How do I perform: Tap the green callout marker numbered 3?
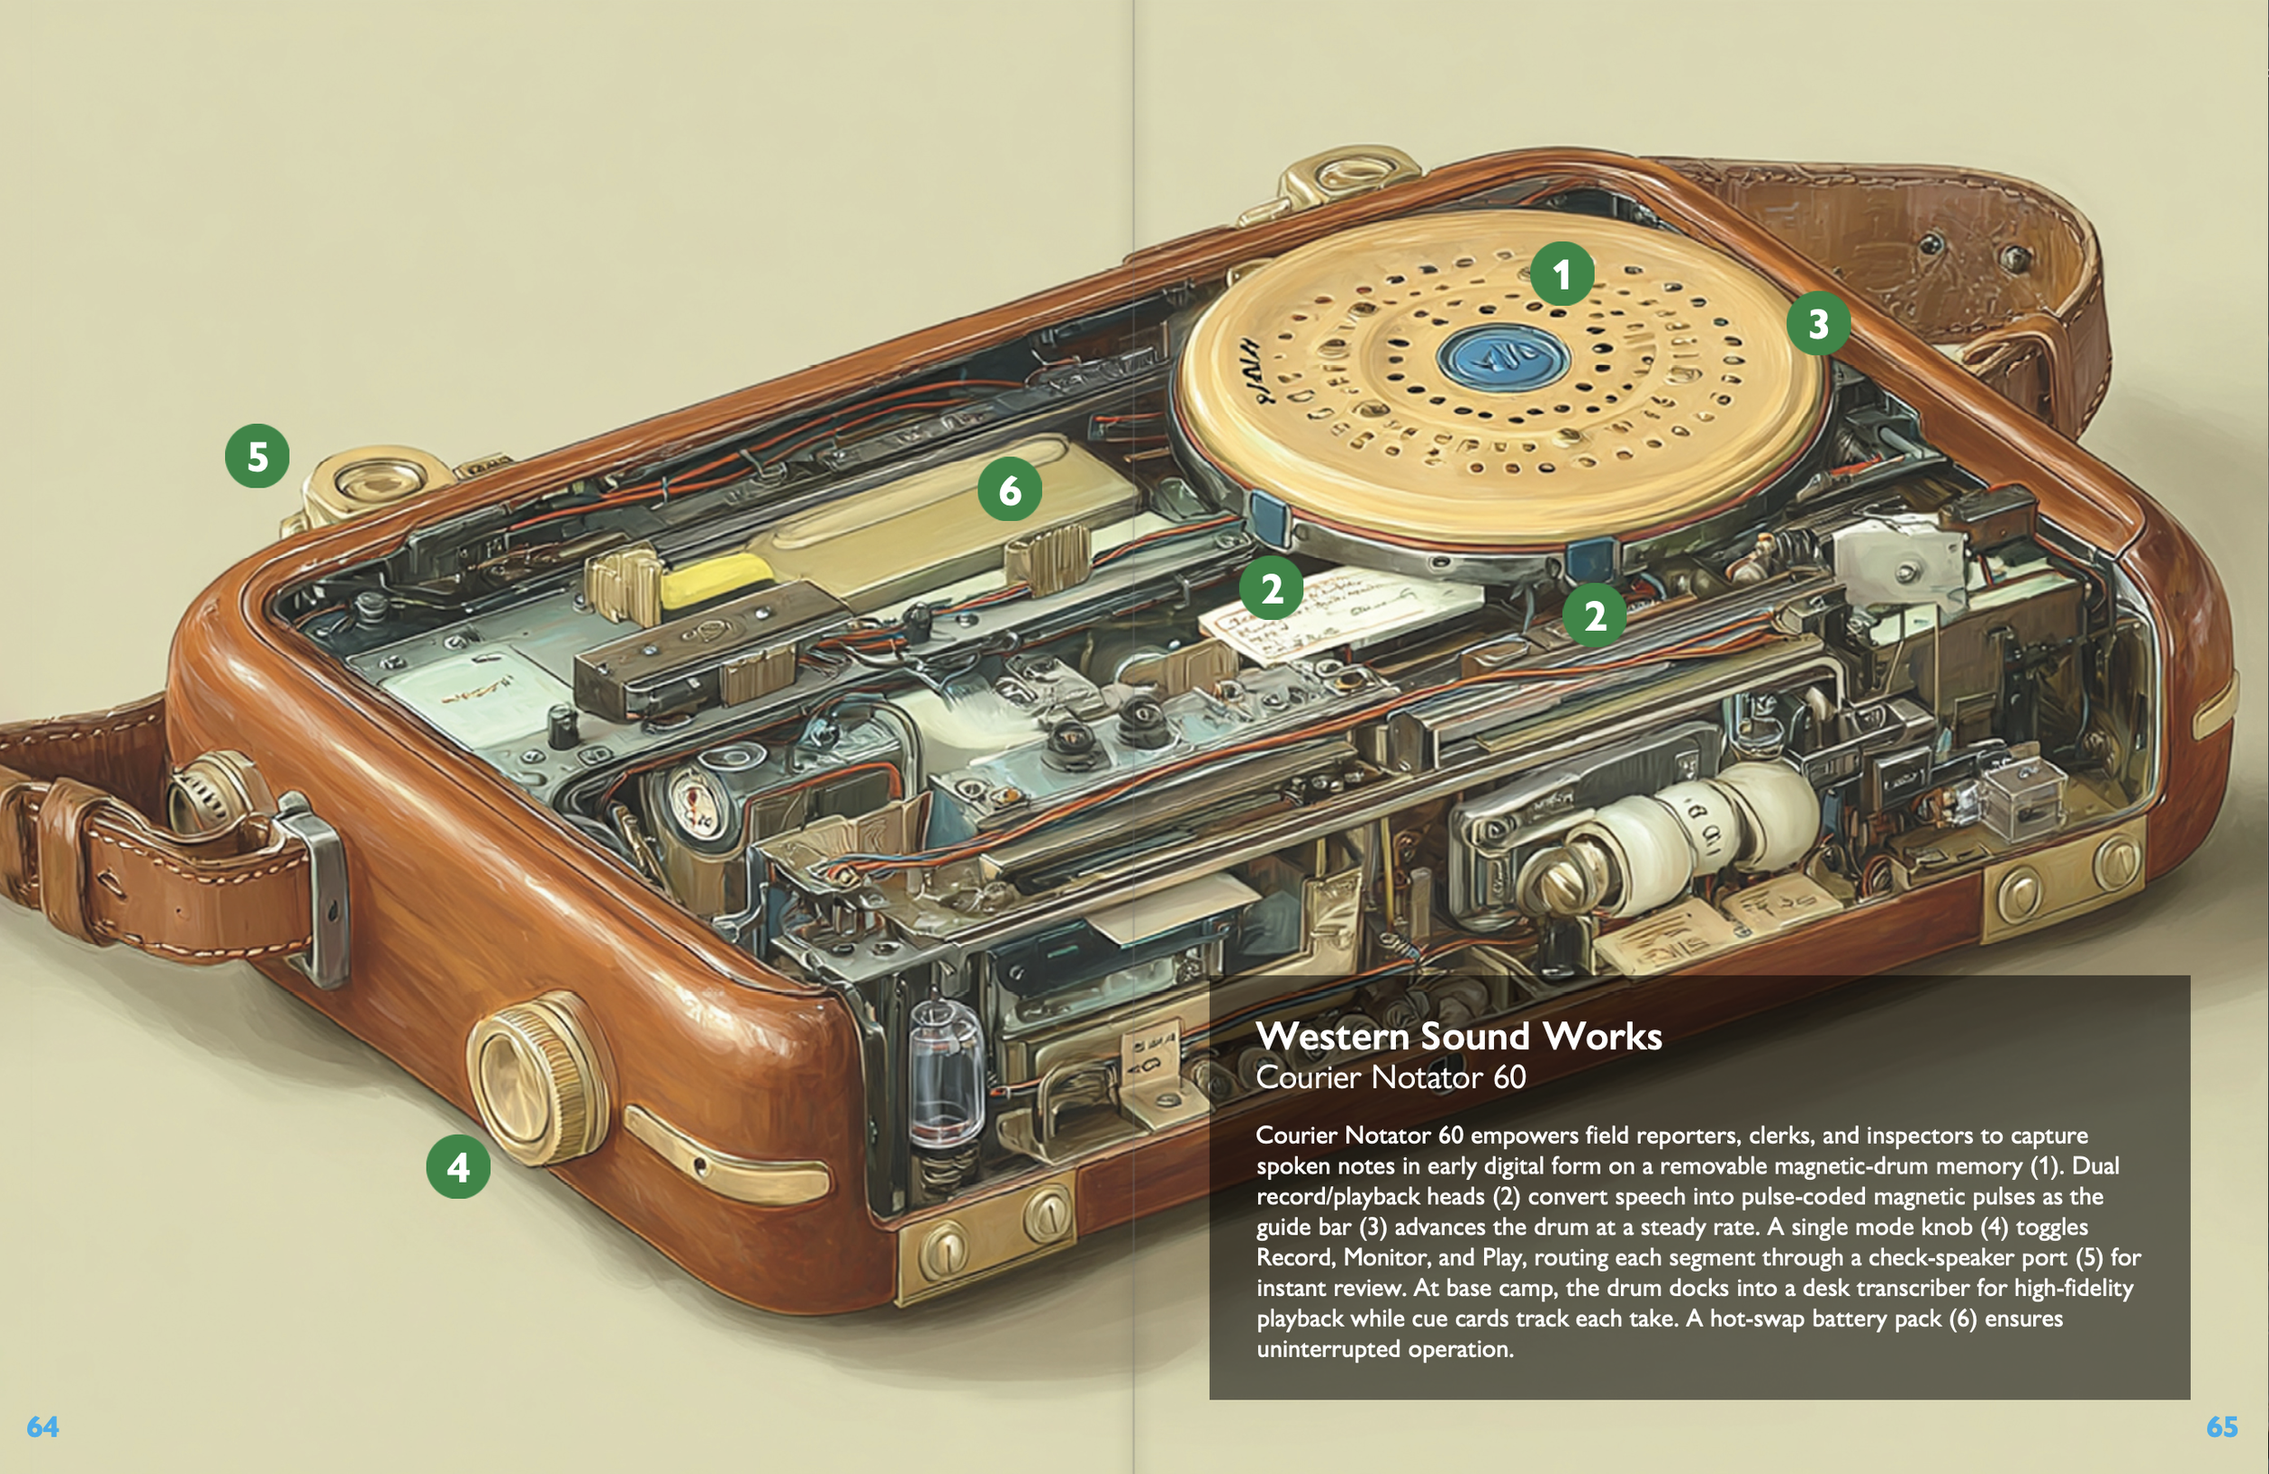point(1818,323)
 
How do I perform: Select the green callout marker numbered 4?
point(457,1166)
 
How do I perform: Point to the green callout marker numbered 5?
point(258,456)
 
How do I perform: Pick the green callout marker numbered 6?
point(1009,489)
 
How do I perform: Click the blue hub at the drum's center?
point(1502,359)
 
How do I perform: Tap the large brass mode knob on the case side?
point(535,1077)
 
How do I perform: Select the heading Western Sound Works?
point(1459,1037)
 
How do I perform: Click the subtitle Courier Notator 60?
point(1390,1077)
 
